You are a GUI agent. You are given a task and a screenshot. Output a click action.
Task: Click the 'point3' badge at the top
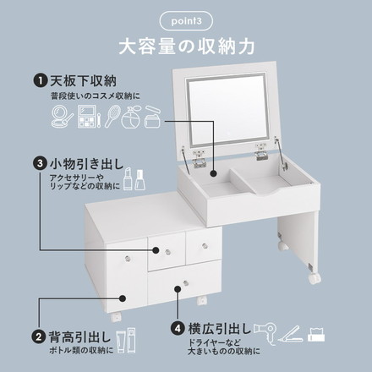coord(185,19)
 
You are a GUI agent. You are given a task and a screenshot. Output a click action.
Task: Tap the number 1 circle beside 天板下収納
coord(39,81)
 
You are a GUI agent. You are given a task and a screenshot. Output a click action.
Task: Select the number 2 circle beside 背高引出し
coord(39,336)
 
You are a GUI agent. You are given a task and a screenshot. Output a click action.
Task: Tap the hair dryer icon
coord(262,330)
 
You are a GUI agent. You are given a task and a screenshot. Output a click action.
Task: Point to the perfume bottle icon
coord(132,116)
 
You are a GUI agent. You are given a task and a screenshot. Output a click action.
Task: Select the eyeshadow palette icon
coord(87,118)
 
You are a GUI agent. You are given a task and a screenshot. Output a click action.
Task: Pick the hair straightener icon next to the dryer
coord(289,332)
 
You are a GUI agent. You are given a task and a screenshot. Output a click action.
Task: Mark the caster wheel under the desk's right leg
coord(314,277)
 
